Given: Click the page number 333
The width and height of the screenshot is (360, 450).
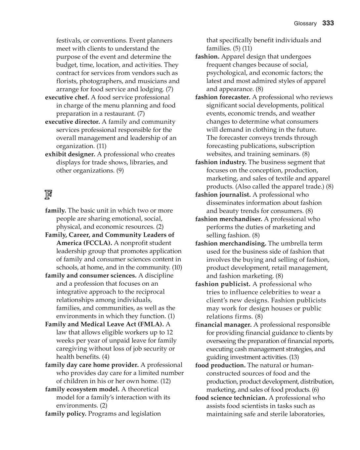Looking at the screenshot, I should click(328, 23).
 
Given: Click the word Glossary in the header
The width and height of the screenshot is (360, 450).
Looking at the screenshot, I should click(305, 23).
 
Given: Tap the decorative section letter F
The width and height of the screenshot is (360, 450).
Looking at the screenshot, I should click(48, 195).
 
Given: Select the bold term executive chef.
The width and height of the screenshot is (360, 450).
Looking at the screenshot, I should click(67, 98).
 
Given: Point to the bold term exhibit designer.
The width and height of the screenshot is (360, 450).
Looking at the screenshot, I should click(70, 154).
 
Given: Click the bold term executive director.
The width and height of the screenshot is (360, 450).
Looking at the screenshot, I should click(72, 122).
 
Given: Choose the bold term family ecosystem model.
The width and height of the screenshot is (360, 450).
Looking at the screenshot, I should click(82, 389).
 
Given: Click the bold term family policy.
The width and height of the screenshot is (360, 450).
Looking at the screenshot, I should click(66, 414).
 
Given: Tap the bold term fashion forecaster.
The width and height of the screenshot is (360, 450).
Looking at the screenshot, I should click(223, 97).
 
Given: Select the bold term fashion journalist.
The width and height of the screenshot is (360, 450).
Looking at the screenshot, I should click(223, 195).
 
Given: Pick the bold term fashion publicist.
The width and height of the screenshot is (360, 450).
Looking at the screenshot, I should click(223, 284).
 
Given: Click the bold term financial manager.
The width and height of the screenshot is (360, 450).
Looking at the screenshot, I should click(223, 325).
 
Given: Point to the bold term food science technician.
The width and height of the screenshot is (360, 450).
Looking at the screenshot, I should click(231, 398).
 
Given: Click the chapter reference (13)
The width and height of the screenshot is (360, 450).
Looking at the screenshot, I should click(294, 357).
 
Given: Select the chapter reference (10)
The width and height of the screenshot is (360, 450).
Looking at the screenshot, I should click(177, 267).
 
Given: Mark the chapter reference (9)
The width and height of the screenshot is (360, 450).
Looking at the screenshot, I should click(120, 171).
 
